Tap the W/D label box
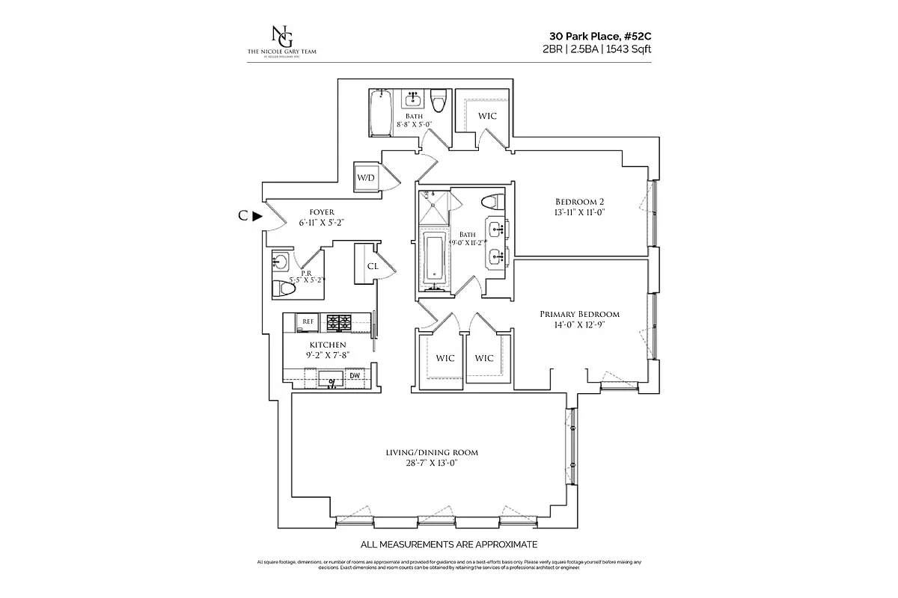366,178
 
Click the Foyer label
317,212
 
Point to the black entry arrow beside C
257,217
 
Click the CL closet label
373,266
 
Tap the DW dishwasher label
355,375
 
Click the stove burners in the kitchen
340,322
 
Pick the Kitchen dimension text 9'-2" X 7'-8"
327,355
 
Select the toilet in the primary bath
492,203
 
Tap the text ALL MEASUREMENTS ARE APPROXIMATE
449,544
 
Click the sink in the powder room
281,262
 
